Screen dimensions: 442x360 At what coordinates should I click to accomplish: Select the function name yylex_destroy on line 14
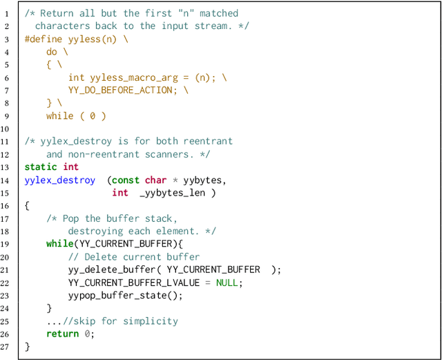pyautogui.click(x=60, y=180)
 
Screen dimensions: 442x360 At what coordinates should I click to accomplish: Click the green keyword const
pyautogui.click(x=125, y=180)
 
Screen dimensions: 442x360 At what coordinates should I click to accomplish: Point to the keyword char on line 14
pyautogui.click(x=155, y=180)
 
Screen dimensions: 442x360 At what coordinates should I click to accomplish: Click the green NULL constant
pyautogui.click(x=227, y=282)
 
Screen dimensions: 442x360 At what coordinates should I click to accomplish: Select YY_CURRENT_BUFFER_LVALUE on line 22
pyautogui.click(x=134, y=282)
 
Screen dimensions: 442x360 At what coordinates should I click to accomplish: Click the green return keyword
pyautogui.click(x=62, y=334)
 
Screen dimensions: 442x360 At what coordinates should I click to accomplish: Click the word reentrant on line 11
pyautogui.click(x=208, y=141)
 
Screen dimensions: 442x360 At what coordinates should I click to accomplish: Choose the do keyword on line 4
pyautogui.click(x=52, y=52)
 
